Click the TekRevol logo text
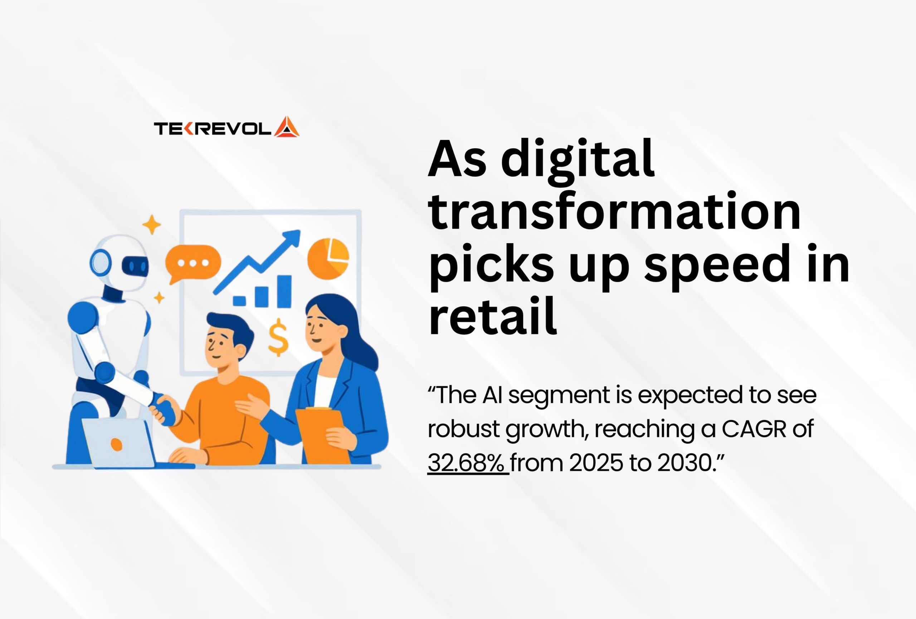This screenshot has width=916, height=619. [213, 129]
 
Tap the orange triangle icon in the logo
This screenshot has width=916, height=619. [287, 127]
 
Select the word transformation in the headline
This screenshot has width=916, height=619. [615, 211]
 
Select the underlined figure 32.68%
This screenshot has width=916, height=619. [468, 463]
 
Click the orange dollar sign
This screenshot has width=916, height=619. [278, 337]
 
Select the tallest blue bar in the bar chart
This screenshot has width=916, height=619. [284, 291]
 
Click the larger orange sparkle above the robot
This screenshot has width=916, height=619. [152, 225]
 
